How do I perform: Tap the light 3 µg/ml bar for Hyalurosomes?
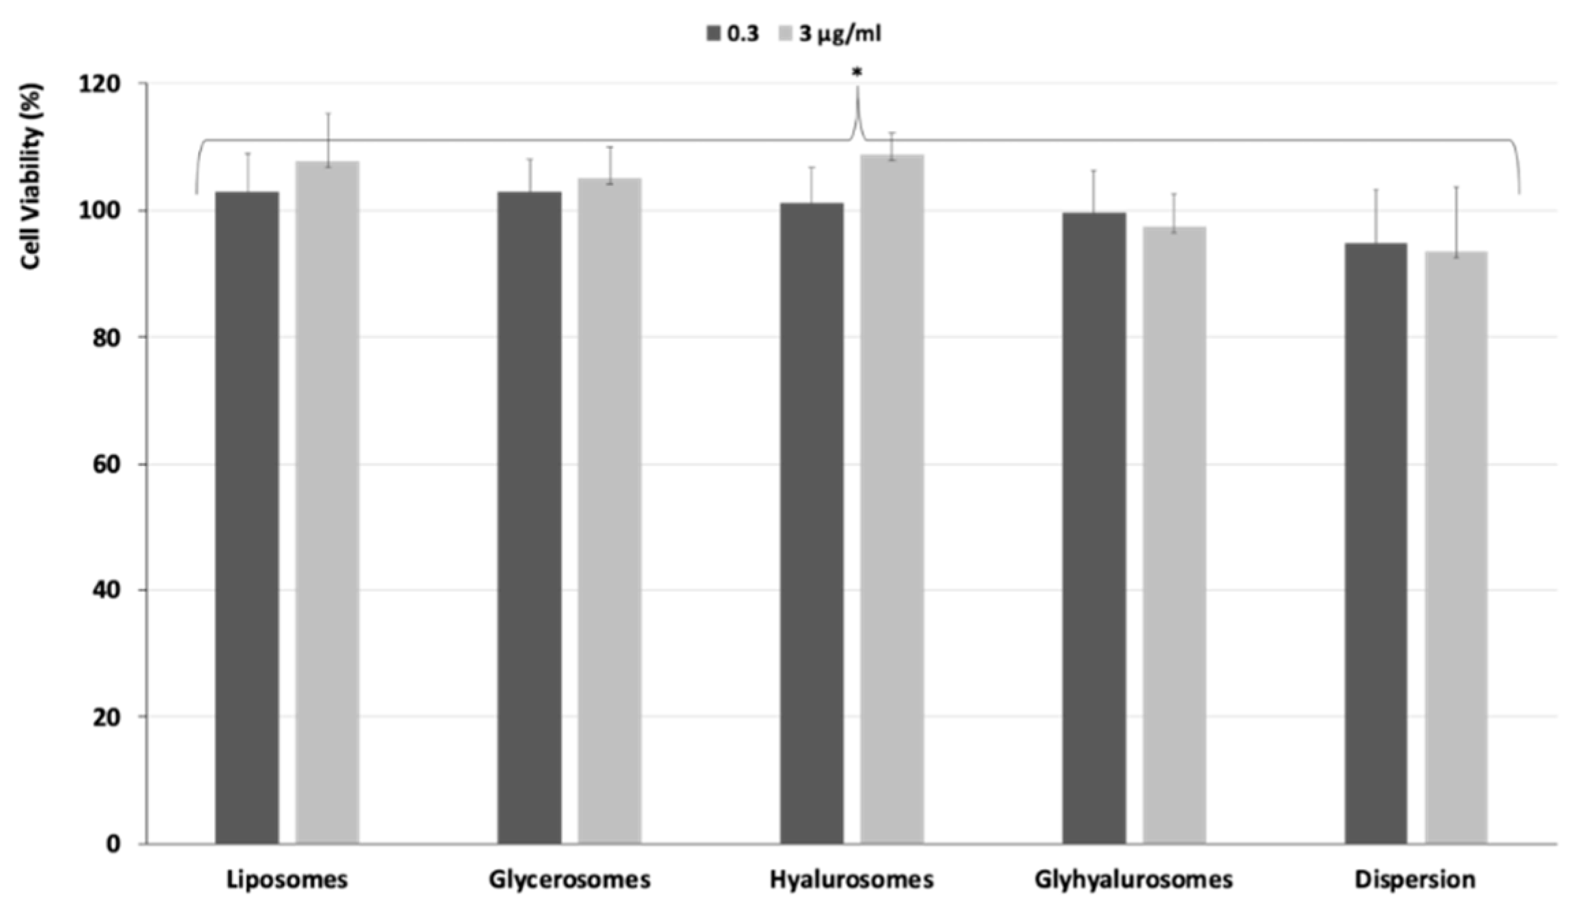[891, 499]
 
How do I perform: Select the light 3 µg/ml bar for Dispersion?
[1456, 547]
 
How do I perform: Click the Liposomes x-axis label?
[287, 879]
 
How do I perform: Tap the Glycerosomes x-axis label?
[569, 879]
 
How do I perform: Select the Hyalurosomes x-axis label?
[851, 879]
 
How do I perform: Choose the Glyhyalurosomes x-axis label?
[1133, 879]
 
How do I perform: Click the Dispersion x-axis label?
[1415, 879]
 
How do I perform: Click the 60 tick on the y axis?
[107, 464]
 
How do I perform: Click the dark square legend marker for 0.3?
[713, 33]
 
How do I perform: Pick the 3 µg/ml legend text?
[840, 33]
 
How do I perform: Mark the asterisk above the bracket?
[857, 72]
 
